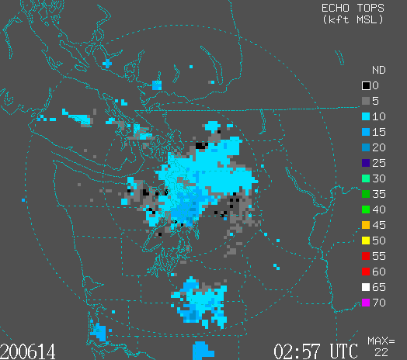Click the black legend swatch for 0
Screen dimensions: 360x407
(x=366, y=85)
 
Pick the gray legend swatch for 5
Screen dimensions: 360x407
(x=366, y=101)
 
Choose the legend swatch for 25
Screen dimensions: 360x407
(x=366, y=163)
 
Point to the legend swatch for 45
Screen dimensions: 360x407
(x=366, y=225)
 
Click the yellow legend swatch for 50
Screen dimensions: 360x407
(x=366, y=241)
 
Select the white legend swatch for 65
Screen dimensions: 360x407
(x=366, y=287)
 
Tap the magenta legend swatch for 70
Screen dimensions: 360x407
(x=366, y=303)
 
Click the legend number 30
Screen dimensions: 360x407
(x=379, y=178)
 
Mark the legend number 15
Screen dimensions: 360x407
(x=379, y=132)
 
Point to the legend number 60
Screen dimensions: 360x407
(x=379, y=272)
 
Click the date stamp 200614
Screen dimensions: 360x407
(x=28, y=351)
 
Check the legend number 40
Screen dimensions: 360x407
(x=379, y=209)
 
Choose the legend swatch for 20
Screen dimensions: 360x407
(x=366, y=147)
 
